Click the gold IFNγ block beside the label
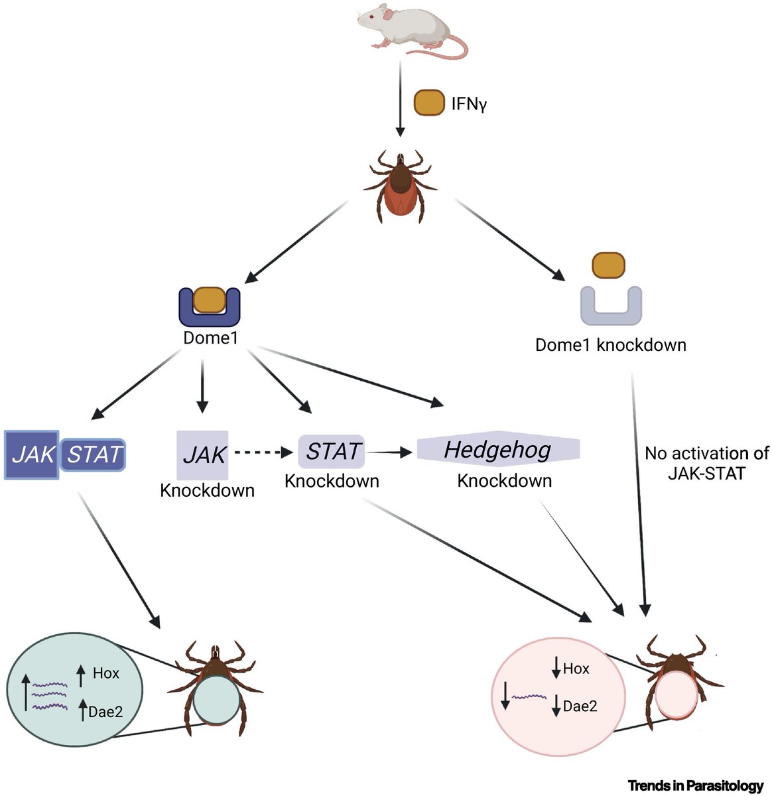428,104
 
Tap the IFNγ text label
469,105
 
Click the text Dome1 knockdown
610,346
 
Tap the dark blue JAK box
32,454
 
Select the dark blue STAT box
94,454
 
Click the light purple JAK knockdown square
203,455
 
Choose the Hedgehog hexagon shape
498,450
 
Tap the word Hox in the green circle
106,673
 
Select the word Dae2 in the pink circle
580,706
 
